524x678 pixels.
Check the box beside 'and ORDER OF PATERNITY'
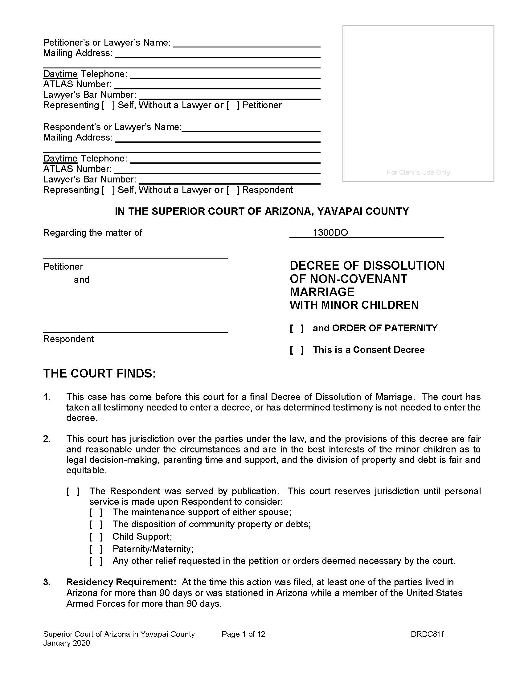coord(297,328)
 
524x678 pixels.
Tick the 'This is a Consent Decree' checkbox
coord(297,350)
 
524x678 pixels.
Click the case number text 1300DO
coord(330,232)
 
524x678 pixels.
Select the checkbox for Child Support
coord(96,537)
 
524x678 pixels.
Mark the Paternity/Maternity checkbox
coord(96,549)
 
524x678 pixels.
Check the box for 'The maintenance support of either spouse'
coord(96,512)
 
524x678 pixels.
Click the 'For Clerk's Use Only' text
coord(418,172)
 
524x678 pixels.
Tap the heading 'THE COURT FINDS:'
coord(99,374)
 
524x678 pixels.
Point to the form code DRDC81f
coord(427,634)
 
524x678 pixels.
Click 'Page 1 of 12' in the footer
coord(244,634)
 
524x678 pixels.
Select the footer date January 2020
coord(67,643)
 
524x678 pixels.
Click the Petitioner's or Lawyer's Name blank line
coord(247,43)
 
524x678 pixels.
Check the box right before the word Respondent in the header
coord(233,190)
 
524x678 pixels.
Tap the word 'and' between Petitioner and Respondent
coord(81,280)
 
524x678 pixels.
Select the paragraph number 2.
coord(47,439)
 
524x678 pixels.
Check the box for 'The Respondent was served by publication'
coord(73,491)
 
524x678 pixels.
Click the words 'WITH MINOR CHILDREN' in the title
coord(354,305)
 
